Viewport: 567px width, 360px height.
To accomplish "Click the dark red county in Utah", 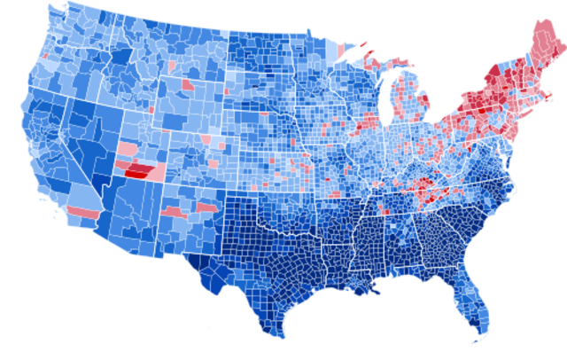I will point(137,171).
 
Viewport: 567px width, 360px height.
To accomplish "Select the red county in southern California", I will point(82,213).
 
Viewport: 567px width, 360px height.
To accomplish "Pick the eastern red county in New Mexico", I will point(206,207).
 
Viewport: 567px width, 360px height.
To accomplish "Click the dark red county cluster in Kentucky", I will point(425,185).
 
